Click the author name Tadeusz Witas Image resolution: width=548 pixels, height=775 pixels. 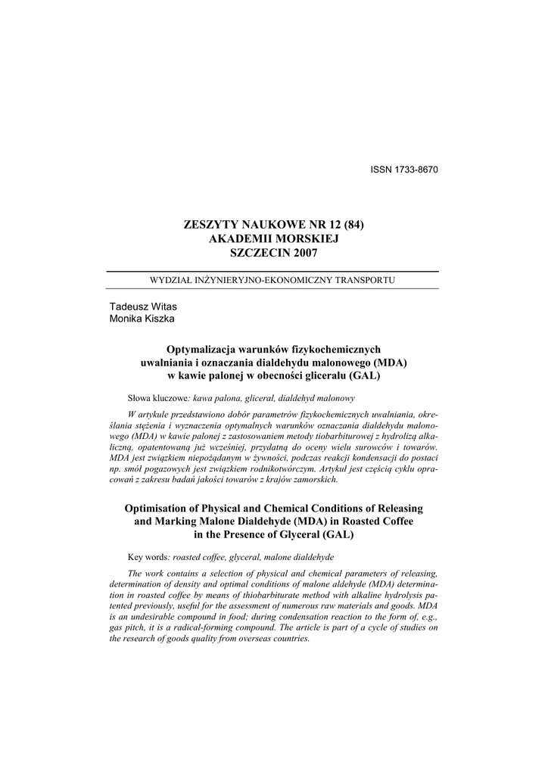tap(144, 307)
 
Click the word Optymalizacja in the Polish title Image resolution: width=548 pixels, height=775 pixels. tap(200, 350)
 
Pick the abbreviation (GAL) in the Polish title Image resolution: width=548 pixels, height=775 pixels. tap(363, 375)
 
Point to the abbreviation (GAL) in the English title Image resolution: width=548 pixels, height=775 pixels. tap(339, 534)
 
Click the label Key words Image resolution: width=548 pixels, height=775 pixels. tap(147, 557)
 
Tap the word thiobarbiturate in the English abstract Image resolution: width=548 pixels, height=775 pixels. tap(254, 596)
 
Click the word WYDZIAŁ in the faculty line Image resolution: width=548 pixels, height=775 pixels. tap(173, 280)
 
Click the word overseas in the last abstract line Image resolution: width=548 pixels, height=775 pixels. tap(235, 639)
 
